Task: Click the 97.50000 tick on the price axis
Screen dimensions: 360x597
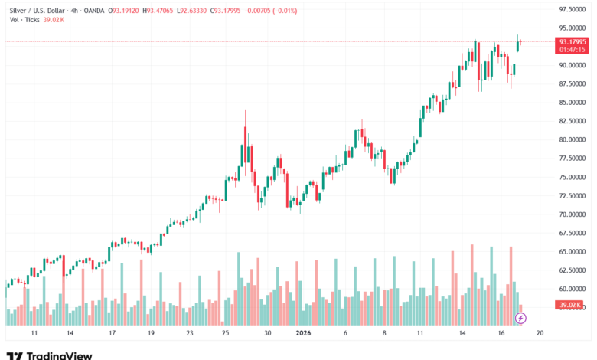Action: (573, 9)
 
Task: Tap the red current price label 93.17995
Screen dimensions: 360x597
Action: (573, 41)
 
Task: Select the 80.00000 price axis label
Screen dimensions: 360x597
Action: (573, 139)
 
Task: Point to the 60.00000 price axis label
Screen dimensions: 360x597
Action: (573, 289)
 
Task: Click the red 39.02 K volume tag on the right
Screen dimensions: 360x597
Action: (573, 305)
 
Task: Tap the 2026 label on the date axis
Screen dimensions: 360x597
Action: (303, 334)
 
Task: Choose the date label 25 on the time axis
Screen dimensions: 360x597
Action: (226, 334)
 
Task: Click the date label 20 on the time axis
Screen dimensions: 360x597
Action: (540, 334)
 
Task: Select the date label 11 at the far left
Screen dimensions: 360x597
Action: (34, 334)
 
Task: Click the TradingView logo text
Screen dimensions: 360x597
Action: (60, 355)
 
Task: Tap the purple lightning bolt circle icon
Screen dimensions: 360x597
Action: (520, 318)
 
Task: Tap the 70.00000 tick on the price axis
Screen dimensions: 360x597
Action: (573, 214)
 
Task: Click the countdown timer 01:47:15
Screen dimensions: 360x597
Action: (573, 50)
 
